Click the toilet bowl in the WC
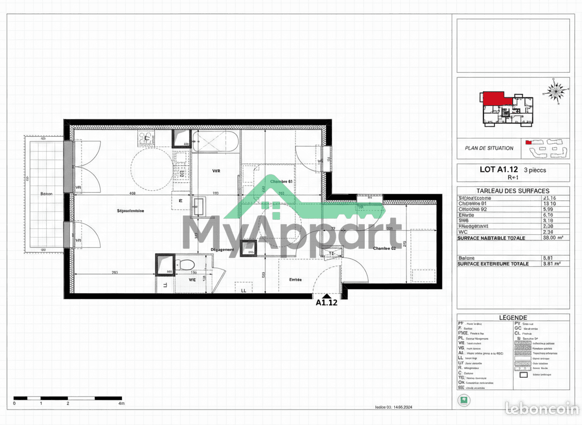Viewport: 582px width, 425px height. pyautogui.click(x=186, y=264)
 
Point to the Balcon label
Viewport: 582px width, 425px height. pyautogui.click(x=46, y=194)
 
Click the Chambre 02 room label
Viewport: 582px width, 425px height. pyautogui.click(x=384, y=248)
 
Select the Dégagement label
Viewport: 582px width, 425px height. pyautogui.click(x=222, y=249)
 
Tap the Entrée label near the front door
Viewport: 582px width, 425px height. pyautogui.click(x=295, y=279)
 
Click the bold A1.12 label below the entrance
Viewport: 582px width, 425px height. pyautogui.click(x=326, y=303)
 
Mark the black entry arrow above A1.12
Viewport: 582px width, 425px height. pyautogui.click(x=326, y=295)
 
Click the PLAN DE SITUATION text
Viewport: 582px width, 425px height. pyautogui.click(x=489, y=148)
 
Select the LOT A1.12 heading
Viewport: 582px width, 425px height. pyautogui.click(x=498, y=170)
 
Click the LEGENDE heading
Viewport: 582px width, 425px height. pyautogui.click(x=513, y=318)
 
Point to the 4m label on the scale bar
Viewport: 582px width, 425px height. pyautogui.click(x=121, y=403)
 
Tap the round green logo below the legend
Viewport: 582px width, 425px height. pyautogui.click(x=462, y=399)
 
